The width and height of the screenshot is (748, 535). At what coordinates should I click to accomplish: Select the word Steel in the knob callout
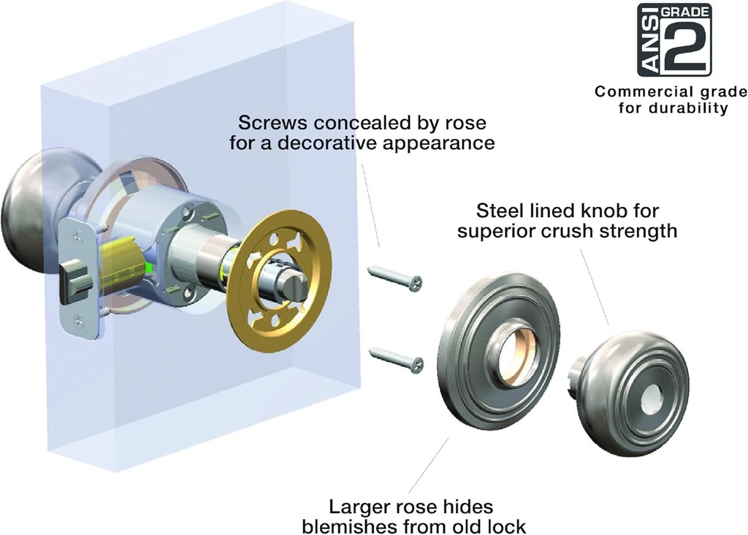coord(497,212)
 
